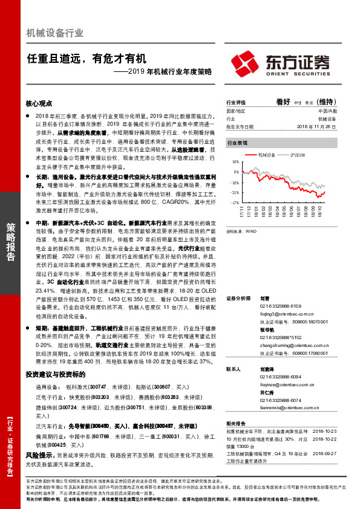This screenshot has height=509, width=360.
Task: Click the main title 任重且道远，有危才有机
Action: pos(86,59)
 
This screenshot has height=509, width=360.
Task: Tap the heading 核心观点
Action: pos(42,104)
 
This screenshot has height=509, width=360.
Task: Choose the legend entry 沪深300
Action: pos(295,155)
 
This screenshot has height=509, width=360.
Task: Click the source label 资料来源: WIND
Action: pos(240,231)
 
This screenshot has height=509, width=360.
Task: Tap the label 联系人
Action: pos(234,368)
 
